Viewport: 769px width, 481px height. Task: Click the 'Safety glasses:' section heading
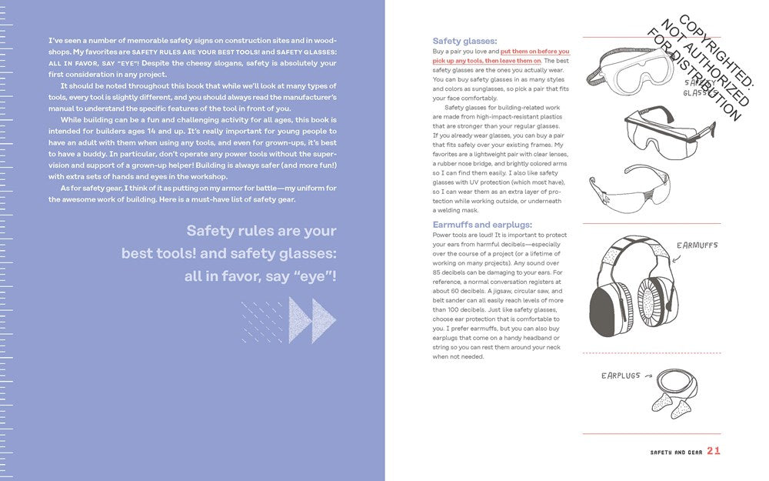pos(464,42)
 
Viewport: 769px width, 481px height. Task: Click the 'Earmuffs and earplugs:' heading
pos(482,225)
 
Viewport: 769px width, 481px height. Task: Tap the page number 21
pos(714,451)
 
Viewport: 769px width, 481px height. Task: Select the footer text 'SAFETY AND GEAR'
pos(672,452)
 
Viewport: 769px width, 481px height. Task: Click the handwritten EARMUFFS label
pos(697,246)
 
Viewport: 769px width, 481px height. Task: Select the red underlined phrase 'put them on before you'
pos(534,52)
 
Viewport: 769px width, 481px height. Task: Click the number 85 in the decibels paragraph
pos(438,272)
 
